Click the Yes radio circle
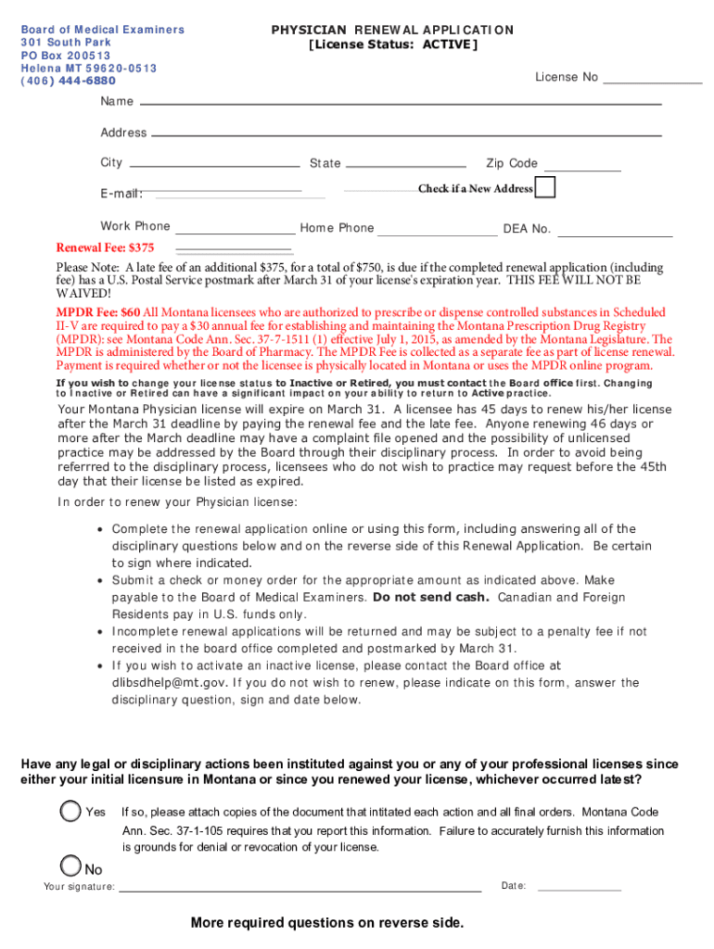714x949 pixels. point(70,811)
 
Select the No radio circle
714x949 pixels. point(70,866)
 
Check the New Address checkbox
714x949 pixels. point(546,187)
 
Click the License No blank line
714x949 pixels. point(652,83)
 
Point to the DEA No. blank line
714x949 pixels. point(615,236)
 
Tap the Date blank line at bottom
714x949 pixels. point(579,891)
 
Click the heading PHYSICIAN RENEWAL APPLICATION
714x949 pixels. point(392,30)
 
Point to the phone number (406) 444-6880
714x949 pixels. point(69,81)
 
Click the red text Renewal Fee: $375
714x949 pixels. point(106,247)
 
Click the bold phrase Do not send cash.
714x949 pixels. point(430,597)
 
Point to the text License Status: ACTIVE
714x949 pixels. point(392,44)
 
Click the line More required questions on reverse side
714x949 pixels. point(326,923)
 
